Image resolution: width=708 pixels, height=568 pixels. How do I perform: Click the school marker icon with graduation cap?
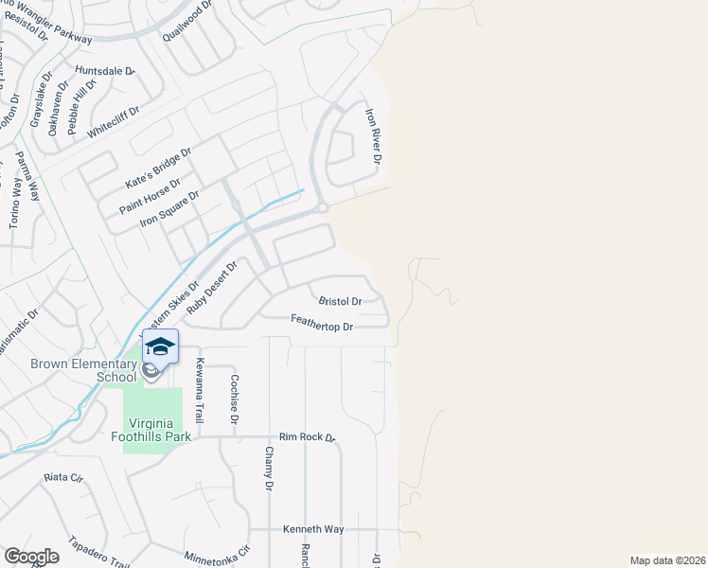[x=160, y=347]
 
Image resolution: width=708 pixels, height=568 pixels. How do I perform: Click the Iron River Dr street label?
[x=375, y=136]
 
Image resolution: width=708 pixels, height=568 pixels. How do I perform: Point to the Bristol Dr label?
[x=340, y=301]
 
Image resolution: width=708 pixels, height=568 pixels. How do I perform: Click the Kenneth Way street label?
[x=313, y=529]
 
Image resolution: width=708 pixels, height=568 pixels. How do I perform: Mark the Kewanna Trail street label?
[x=200, y=391]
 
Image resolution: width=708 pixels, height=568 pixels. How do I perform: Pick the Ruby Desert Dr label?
[x=211, y=289]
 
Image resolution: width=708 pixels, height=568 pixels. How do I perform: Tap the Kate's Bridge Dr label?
[x=159, y=166]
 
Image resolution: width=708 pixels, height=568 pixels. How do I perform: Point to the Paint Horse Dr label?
[x=150, y=195]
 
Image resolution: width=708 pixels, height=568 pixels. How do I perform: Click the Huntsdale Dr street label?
[x=105, y=71]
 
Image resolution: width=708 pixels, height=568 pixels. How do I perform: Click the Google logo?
[x=31, y=557]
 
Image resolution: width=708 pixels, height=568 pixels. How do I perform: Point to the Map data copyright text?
[x=667, y=560]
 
